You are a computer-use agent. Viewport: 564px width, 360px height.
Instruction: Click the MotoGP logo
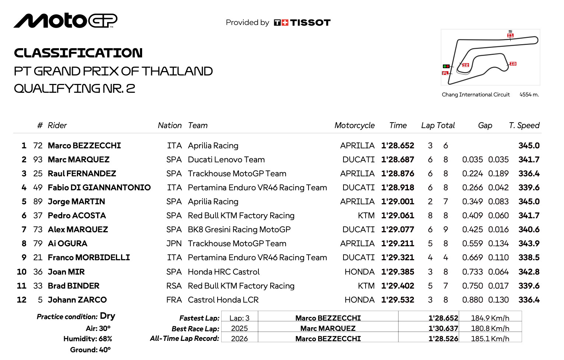66,21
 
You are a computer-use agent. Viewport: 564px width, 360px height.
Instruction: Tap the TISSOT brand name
310,23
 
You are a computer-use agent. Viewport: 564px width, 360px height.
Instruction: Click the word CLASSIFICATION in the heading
78,53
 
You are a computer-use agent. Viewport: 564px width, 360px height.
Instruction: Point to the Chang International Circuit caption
476,95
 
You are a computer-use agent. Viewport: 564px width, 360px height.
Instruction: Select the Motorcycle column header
354,126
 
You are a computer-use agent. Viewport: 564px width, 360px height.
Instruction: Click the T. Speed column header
524,126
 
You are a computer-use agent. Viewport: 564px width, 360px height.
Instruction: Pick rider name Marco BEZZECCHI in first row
84,146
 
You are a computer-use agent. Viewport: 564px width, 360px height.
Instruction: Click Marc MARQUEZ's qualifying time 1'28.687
398,160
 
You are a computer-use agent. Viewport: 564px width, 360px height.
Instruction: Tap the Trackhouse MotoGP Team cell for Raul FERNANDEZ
237,174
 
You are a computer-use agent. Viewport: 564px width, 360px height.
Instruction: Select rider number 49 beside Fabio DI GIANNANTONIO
38,188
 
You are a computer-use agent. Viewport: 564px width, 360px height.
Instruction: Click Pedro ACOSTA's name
77,216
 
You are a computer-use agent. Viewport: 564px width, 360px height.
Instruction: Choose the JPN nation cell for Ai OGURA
174,244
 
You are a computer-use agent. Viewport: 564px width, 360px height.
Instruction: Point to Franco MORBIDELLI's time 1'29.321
398,258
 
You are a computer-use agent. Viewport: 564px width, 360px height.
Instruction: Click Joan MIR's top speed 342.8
529,272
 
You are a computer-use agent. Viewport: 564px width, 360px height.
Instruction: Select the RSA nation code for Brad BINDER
174,286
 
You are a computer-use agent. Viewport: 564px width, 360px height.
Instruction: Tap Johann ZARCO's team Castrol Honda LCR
223,300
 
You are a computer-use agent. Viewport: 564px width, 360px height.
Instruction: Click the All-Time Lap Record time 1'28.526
443,339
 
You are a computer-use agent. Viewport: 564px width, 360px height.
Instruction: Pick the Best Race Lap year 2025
239,328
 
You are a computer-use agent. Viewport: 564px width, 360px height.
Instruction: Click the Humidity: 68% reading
88,339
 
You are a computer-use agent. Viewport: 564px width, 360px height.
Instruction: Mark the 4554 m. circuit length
529,95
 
